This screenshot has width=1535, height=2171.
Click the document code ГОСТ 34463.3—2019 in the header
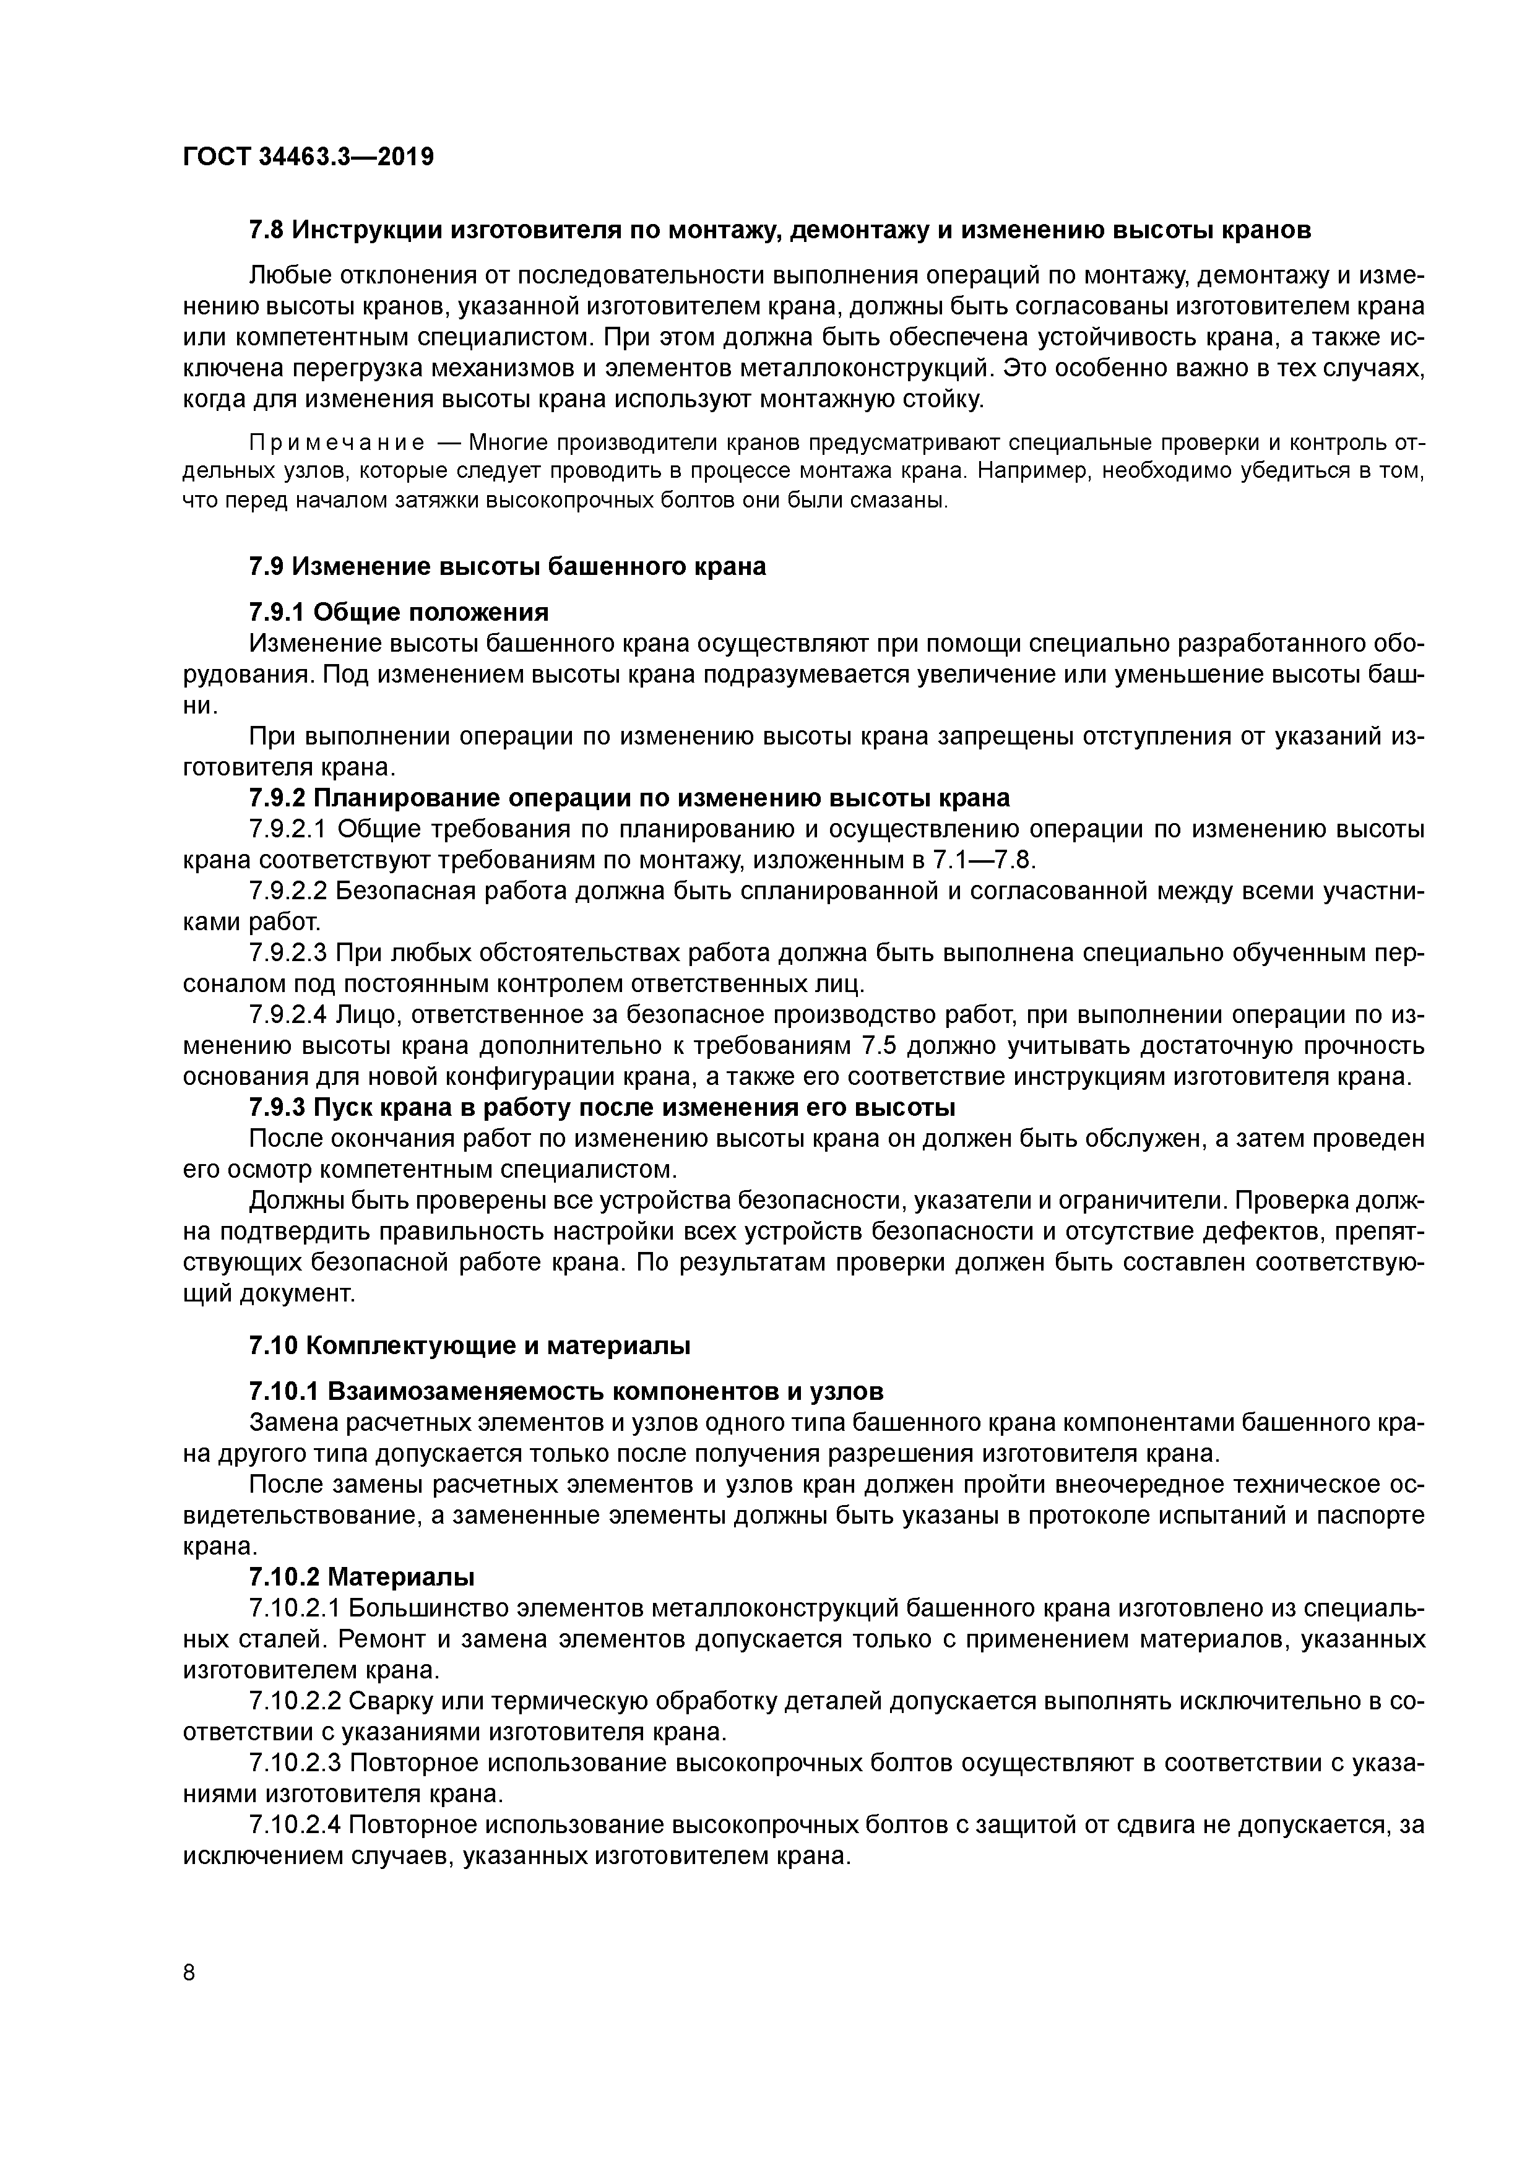click(308, 157)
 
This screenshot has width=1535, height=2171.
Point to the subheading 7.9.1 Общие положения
click(398, 613)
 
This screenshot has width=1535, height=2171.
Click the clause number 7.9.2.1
click(288, 829)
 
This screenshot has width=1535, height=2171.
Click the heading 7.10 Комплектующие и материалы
click(469, 1345)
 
